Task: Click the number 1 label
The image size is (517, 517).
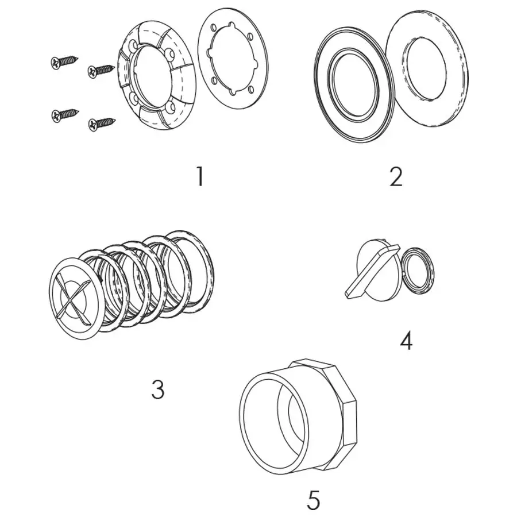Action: [x=199, y=176]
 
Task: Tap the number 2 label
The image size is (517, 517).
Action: [x=396, y=177]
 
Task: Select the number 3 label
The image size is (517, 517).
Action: [x=157, y=390]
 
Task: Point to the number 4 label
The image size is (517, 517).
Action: [x=406, y=341]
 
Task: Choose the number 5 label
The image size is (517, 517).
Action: [x=313, y=500]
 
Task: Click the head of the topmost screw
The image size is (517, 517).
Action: [x=56, y=62]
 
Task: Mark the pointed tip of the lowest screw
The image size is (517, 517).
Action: [x=114, y=120]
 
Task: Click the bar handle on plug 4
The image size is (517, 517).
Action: [x=372, y=272]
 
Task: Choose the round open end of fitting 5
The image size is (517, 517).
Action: [x=273, y=423]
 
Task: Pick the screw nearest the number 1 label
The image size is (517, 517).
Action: [x=101, y=123]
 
